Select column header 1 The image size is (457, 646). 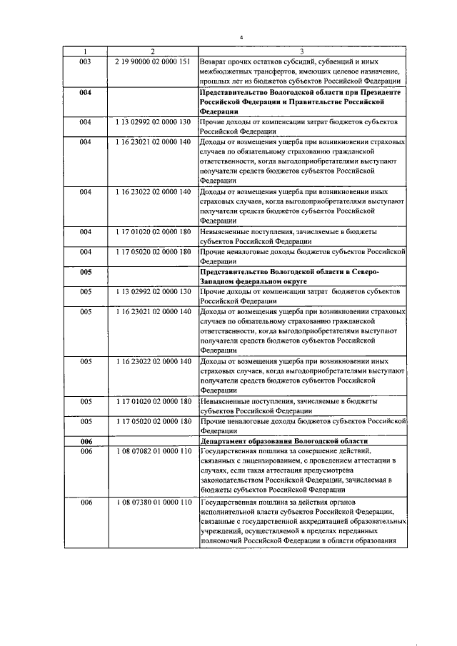pyautogui.click(x=85, y=51)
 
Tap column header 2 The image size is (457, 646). pyautogui.click(x=152, y=51)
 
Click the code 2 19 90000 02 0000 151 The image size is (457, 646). pyautogui.click(x=152, y=61)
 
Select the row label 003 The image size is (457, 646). pyautogui.click(x=85, y=61)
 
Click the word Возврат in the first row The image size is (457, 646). pyautogui.click(x=216, y=61)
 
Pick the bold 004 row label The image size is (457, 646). pyautogui.click(x=85, y=94)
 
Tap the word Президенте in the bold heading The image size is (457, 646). pyautogui.click(x=381, y=94)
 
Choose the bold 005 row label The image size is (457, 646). pyautogui.click(x=85, y=272)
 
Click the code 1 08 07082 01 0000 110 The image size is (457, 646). pyautogui.click(x=152, y=452)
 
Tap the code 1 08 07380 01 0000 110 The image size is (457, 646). pyautogui.click(x=152, y=502)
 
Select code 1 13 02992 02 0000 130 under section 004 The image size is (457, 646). pyautogui.click(x=152, y=123)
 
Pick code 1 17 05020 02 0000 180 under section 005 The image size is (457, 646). pyautogui.click(x=152, y=422)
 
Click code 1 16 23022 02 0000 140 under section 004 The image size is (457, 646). pyautogui.click(x=152, y=192)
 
